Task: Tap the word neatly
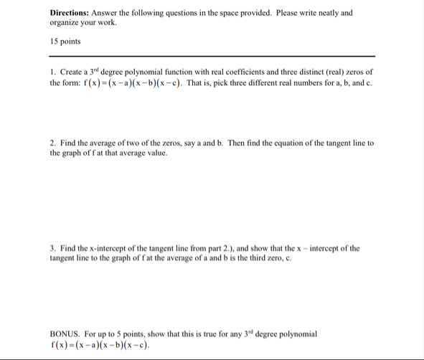[x=331, y=13]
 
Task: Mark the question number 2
[x=53, y=143]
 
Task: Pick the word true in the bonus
[x=208, y=334]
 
